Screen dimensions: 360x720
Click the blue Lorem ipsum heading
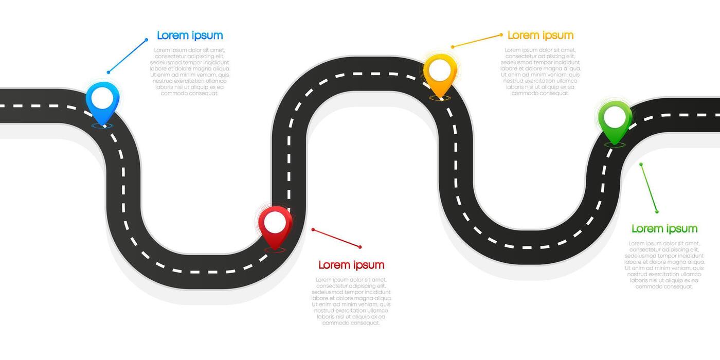click(x=190, y=35)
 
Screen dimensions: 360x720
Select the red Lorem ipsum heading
click(x=351, y=265)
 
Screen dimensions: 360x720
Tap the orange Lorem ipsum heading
click(x=540, y=35)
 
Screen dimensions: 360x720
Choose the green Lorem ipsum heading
click(x=664, y=229)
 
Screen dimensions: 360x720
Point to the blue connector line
click(x=127, y=56)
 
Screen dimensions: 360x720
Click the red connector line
click(x=336, y=238)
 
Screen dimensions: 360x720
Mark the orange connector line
click(x=477, y=41)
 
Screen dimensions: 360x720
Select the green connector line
click(x=649, y=188)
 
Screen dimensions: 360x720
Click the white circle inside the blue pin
click(x=102, y=98)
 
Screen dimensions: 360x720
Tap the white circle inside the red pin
click(x=275, y=222)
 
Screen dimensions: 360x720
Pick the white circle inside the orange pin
click(x=440, y=70)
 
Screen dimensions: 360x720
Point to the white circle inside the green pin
click(x=615, y=117)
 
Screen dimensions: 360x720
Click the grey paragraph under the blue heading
click(x=190, y=72)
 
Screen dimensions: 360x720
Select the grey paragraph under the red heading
click(x=351, y=301)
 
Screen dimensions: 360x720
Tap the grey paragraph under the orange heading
click(x=541, y=72)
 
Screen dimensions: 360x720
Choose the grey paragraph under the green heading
click(x=664, y=265)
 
